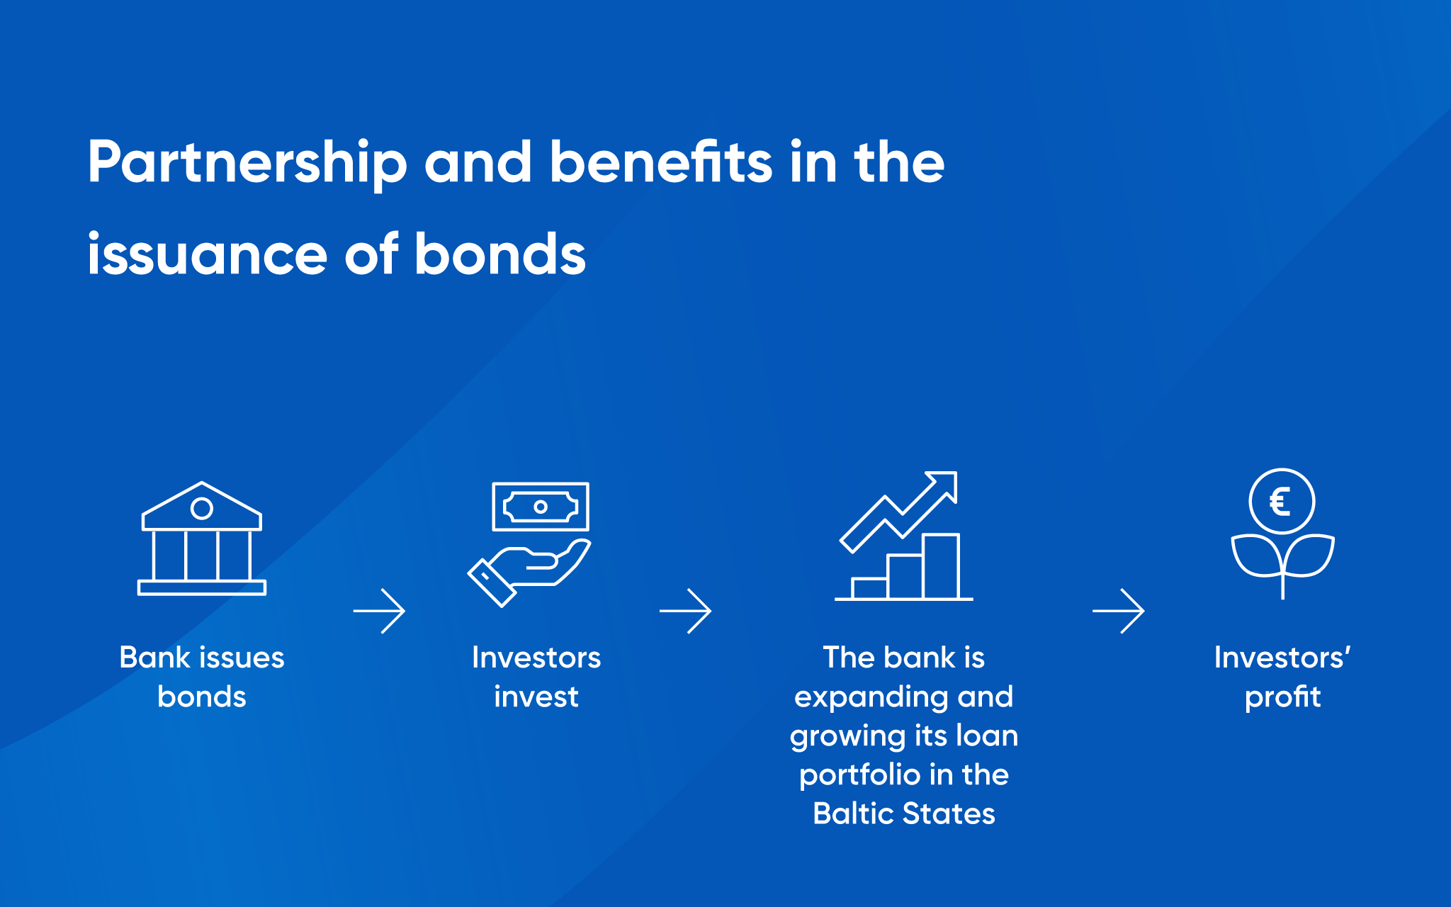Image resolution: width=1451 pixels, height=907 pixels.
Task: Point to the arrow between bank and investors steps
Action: tap(379, 611)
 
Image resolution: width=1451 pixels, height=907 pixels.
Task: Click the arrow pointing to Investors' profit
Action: tap(1118, 611)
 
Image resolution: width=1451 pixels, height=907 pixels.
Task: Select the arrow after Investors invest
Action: tap(685, 611)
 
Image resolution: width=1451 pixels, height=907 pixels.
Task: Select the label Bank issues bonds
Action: tap(202, 677)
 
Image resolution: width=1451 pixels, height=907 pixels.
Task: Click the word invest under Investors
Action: tap(536, 697)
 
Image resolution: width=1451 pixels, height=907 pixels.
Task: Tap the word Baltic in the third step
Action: tap(854, 813)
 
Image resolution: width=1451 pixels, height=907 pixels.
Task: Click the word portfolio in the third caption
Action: tap(859, 776)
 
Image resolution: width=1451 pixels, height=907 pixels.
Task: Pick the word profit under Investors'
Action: tap(1282, 697)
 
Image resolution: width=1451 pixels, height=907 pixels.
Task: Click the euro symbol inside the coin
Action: tap(1280, 502)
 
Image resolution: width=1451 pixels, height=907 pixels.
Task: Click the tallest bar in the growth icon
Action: tap(941, 567)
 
